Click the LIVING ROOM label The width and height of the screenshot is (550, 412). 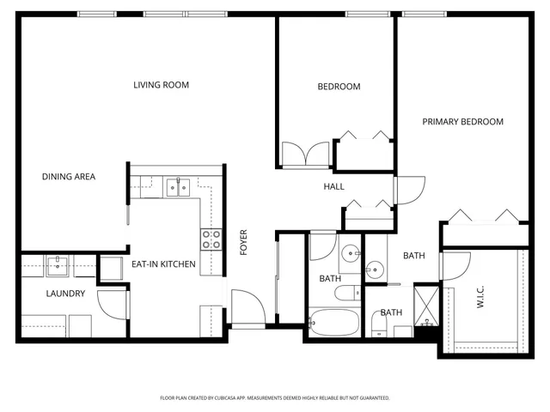pos(161,85)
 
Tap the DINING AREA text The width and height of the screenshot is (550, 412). pos(69,177)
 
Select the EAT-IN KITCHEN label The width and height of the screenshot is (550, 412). pos(163,264)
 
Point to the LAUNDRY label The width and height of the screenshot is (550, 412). pos(65,294)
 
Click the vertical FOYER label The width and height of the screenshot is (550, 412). pos(243,243)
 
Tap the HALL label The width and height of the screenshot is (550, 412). pos(334,186)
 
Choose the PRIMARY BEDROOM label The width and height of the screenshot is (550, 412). pos(462,122)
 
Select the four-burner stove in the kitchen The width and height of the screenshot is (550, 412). pos(211,239)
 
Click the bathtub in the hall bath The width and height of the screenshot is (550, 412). pos(334,322)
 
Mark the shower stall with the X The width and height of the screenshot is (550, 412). pos(425,306)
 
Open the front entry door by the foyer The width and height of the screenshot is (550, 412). pos(247,306)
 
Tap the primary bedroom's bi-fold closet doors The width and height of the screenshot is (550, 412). pos(486,216)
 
